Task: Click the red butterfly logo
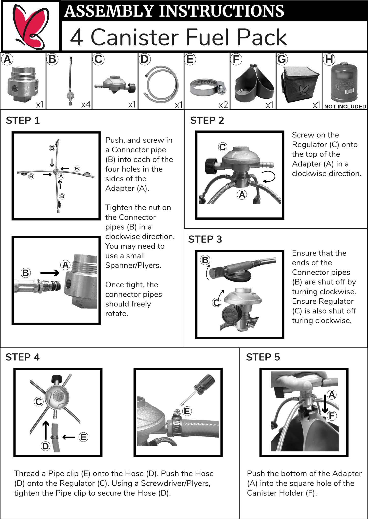pos(31,27)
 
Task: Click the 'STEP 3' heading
pos(205,239)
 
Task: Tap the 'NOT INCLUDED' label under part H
pos(345,107)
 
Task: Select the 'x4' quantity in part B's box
pos(86,104)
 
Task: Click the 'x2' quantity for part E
pos(223,105)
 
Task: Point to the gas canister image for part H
pos(344,82)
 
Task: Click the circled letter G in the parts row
pos(282,59)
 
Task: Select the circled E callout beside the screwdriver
pos(187,411)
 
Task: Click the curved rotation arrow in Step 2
pos(270,177)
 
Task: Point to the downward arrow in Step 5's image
pos(325,404)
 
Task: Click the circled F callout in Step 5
pos(332,416)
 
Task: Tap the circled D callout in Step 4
pos(46,446)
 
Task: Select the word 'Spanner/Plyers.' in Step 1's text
pos(133,265)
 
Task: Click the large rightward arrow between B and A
pos(50,273)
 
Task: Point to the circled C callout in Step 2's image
pos(223,147)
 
